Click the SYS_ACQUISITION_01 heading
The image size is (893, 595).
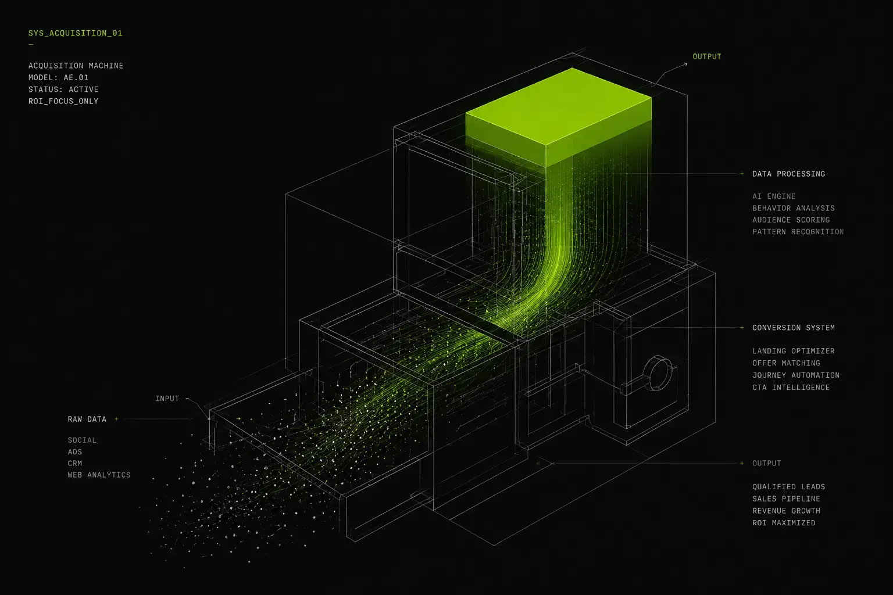click(76, 34)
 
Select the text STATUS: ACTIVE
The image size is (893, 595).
click(63, 89)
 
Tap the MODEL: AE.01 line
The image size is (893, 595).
click(58, 77)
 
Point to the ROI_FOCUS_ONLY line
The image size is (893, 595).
click(63, 101)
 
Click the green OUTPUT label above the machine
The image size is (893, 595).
click(707, 56)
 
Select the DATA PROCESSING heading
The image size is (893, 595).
click(788, 174)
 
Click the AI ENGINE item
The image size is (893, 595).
click(774, 196)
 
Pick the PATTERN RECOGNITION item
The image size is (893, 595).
click(798, 231)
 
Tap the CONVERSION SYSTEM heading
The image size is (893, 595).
click(794, 328)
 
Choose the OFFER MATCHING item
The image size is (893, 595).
click(786, 363)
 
